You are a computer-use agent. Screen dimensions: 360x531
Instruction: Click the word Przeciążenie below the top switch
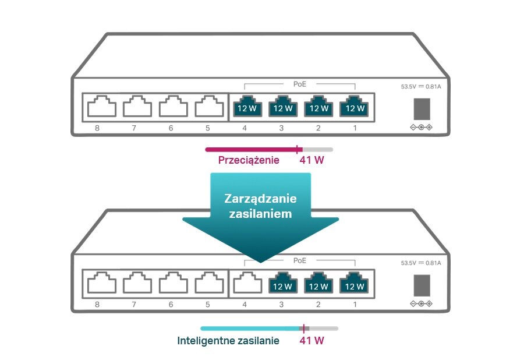249,160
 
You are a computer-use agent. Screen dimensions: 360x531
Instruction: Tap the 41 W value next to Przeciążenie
311,160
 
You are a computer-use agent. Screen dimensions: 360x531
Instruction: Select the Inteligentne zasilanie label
228,341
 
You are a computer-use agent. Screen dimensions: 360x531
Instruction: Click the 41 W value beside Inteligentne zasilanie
311,341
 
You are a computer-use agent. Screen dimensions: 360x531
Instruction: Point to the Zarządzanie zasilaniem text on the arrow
260,206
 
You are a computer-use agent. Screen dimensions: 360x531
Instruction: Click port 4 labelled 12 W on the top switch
246,107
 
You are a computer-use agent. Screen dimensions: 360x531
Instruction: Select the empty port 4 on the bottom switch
246,285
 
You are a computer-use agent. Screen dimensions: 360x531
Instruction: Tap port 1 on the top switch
355,107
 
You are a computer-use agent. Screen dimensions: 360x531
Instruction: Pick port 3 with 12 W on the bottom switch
282,285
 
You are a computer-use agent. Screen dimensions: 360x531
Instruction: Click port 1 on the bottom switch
355,285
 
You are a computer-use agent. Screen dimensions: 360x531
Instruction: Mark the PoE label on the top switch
300,84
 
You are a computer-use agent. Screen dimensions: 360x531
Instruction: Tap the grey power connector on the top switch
422,108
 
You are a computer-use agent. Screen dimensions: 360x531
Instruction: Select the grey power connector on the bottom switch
422,285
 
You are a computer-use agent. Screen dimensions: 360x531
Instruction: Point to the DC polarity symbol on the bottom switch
422,304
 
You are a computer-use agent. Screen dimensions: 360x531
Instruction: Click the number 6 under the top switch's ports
171,128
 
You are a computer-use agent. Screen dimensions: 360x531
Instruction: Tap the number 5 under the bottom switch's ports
207,305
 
